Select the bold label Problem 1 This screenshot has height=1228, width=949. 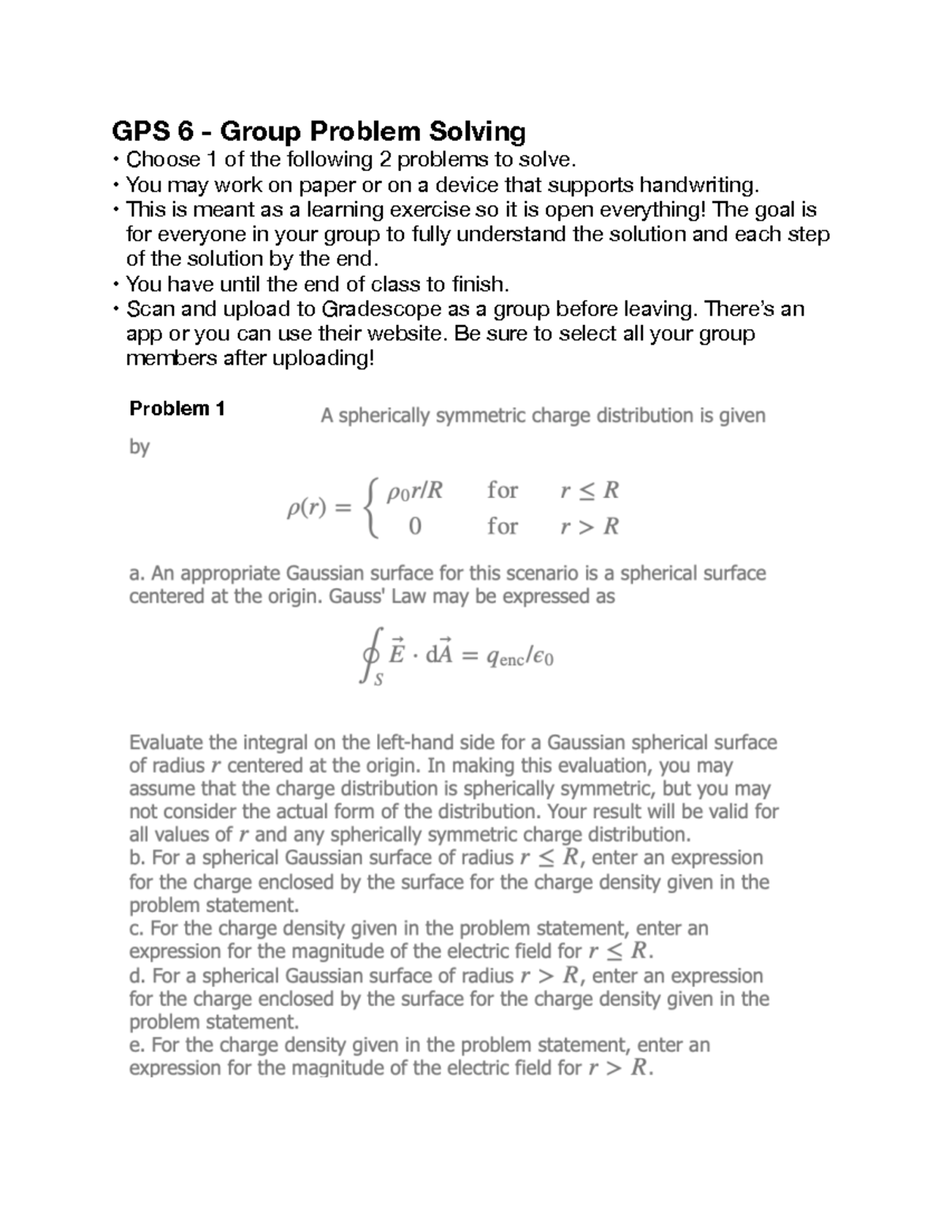click(x=177, y=409)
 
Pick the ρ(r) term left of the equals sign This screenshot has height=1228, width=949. click(x=306, y=509)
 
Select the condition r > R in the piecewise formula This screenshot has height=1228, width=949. click(x=589, y=526)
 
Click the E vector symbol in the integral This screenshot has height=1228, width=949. click(x=398, y=654)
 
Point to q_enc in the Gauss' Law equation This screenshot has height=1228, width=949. click(x=505, y=656)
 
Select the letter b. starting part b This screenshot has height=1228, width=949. click(x=136, y=858)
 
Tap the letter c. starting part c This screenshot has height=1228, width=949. click(x=136, y=928)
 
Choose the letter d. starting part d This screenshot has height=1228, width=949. click(x=136, y=975)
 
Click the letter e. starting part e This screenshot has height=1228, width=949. click(x=136, y=1045)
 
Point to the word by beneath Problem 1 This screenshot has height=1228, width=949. click(x=139, y=448)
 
